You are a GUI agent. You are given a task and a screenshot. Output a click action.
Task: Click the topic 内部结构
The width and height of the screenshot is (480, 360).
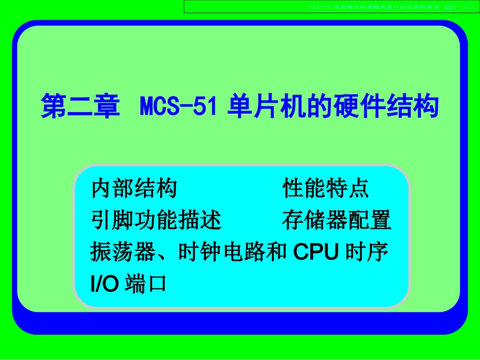tap(134, 189)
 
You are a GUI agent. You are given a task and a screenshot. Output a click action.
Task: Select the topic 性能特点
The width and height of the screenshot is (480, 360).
tap(326, 189)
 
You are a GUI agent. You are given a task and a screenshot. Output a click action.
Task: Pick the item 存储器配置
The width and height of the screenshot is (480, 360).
tap(337, 220)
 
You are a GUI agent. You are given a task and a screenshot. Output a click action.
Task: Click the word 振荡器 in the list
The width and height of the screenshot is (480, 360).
tap(123, 252)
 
